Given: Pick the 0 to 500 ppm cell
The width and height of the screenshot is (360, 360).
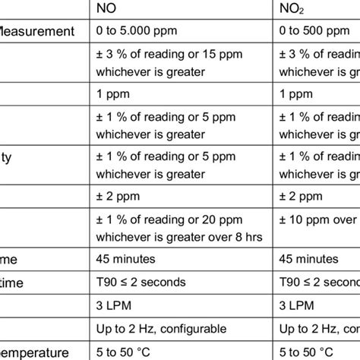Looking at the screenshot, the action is (311, 31).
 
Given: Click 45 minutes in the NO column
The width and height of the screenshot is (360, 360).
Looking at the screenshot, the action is (126, 258).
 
